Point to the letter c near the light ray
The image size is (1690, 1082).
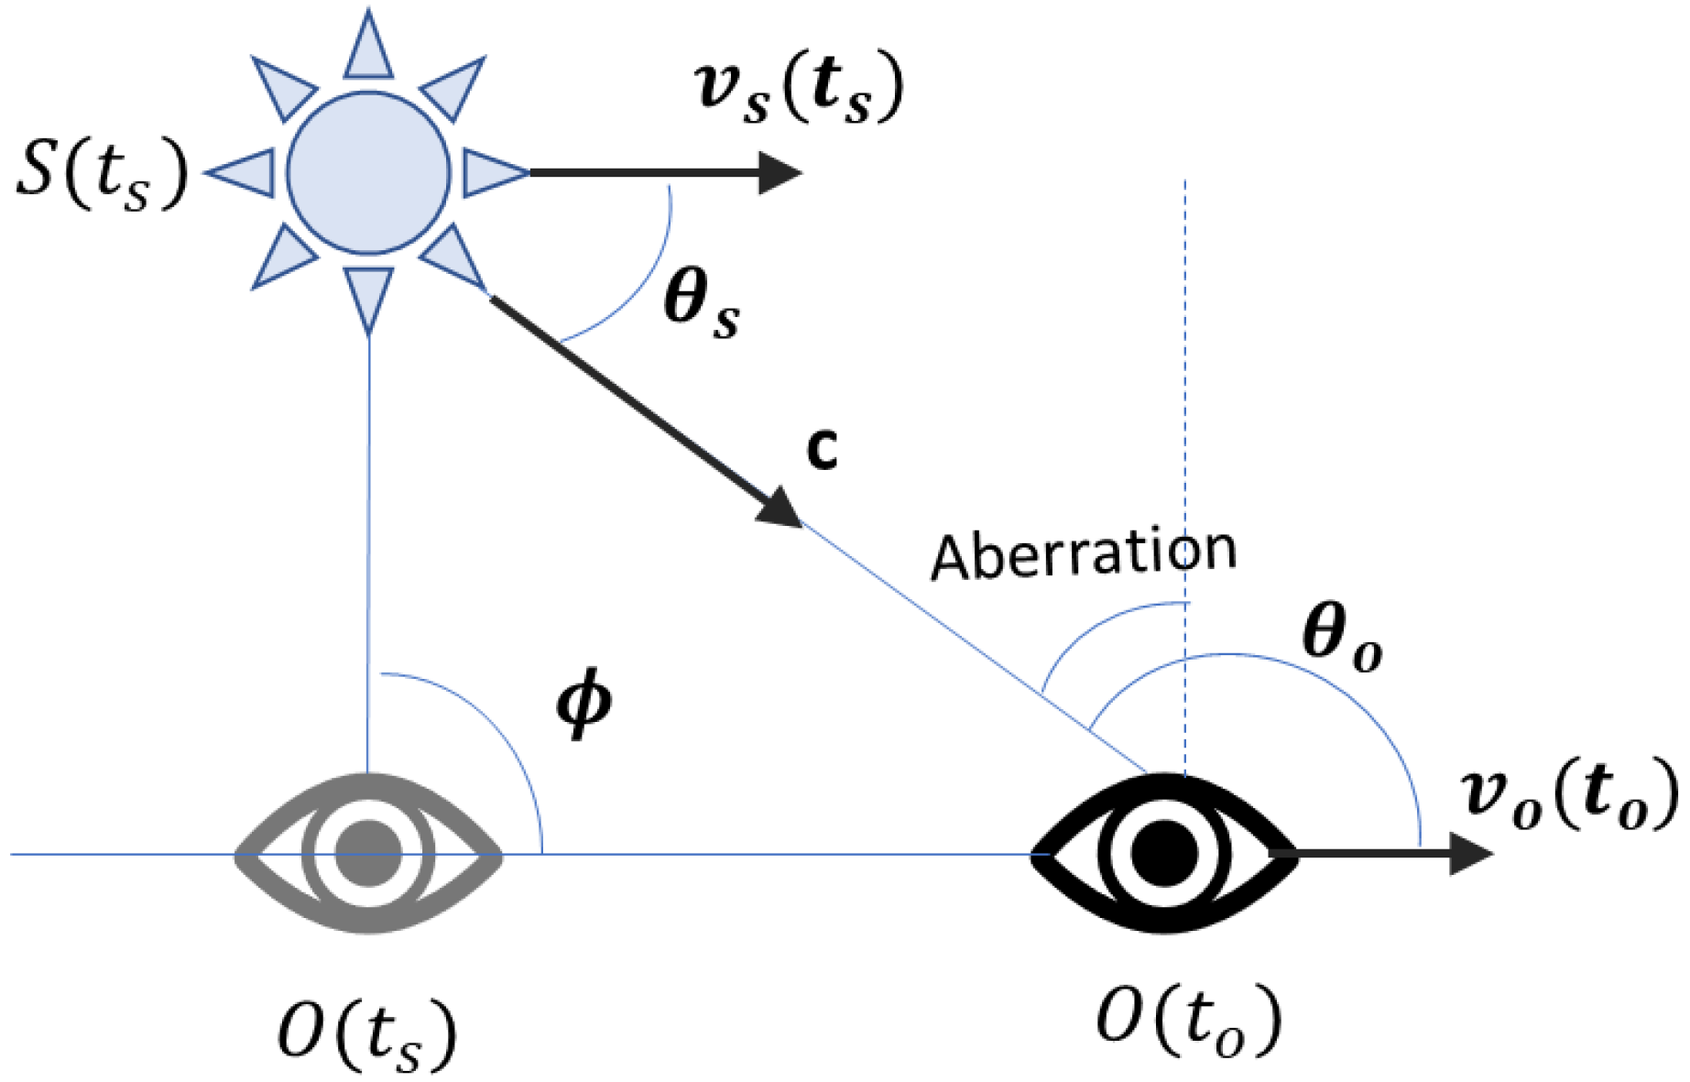822,449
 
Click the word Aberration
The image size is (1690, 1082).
1084,553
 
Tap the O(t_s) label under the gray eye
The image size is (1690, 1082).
366,1034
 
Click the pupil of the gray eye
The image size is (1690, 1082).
368,853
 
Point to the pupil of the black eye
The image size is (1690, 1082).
1164,853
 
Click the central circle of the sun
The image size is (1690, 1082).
368,172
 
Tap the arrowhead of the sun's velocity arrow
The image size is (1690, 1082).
780,172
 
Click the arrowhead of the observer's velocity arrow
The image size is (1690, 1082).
1470,853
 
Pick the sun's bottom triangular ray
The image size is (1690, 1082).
368,295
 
